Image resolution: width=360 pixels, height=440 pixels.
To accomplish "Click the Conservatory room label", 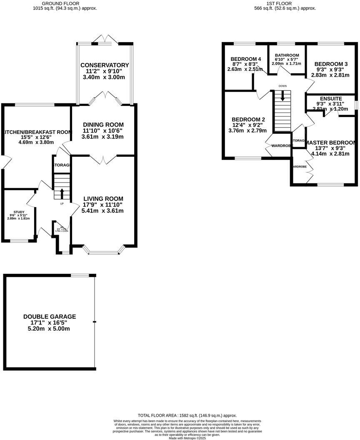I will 105,65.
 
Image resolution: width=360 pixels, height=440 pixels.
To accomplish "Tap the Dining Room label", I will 103,125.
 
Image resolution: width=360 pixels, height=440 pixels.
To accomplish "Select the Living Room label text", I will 103,198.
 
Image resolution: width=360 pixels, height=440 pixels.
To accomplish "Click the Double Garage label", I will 50,317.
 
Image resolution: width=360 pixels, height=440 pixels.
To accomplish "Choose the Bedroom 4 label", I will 246,59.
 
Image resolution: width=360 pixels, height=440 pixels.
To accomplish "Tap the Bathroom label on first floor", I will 287,55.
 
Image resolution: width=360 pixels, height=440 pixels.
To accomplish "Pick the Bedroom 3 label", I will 328,64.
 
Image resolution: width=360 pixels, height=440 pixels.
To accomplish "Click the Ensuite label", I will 331,98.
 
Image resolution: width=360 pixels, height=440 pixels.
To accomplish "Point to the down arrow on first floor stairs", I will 283,96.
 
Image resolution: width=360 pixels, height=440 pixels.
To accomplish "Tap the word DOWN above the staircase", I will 283,86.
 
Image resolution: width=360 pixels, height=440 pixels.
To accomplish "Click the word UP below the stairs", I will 62,204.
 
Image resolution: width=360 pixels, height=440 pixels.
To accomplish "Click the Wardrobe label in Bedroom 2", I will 282,145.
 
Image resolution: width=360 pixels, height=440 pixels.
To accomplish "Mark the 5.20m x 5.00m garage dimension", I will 50,329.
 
